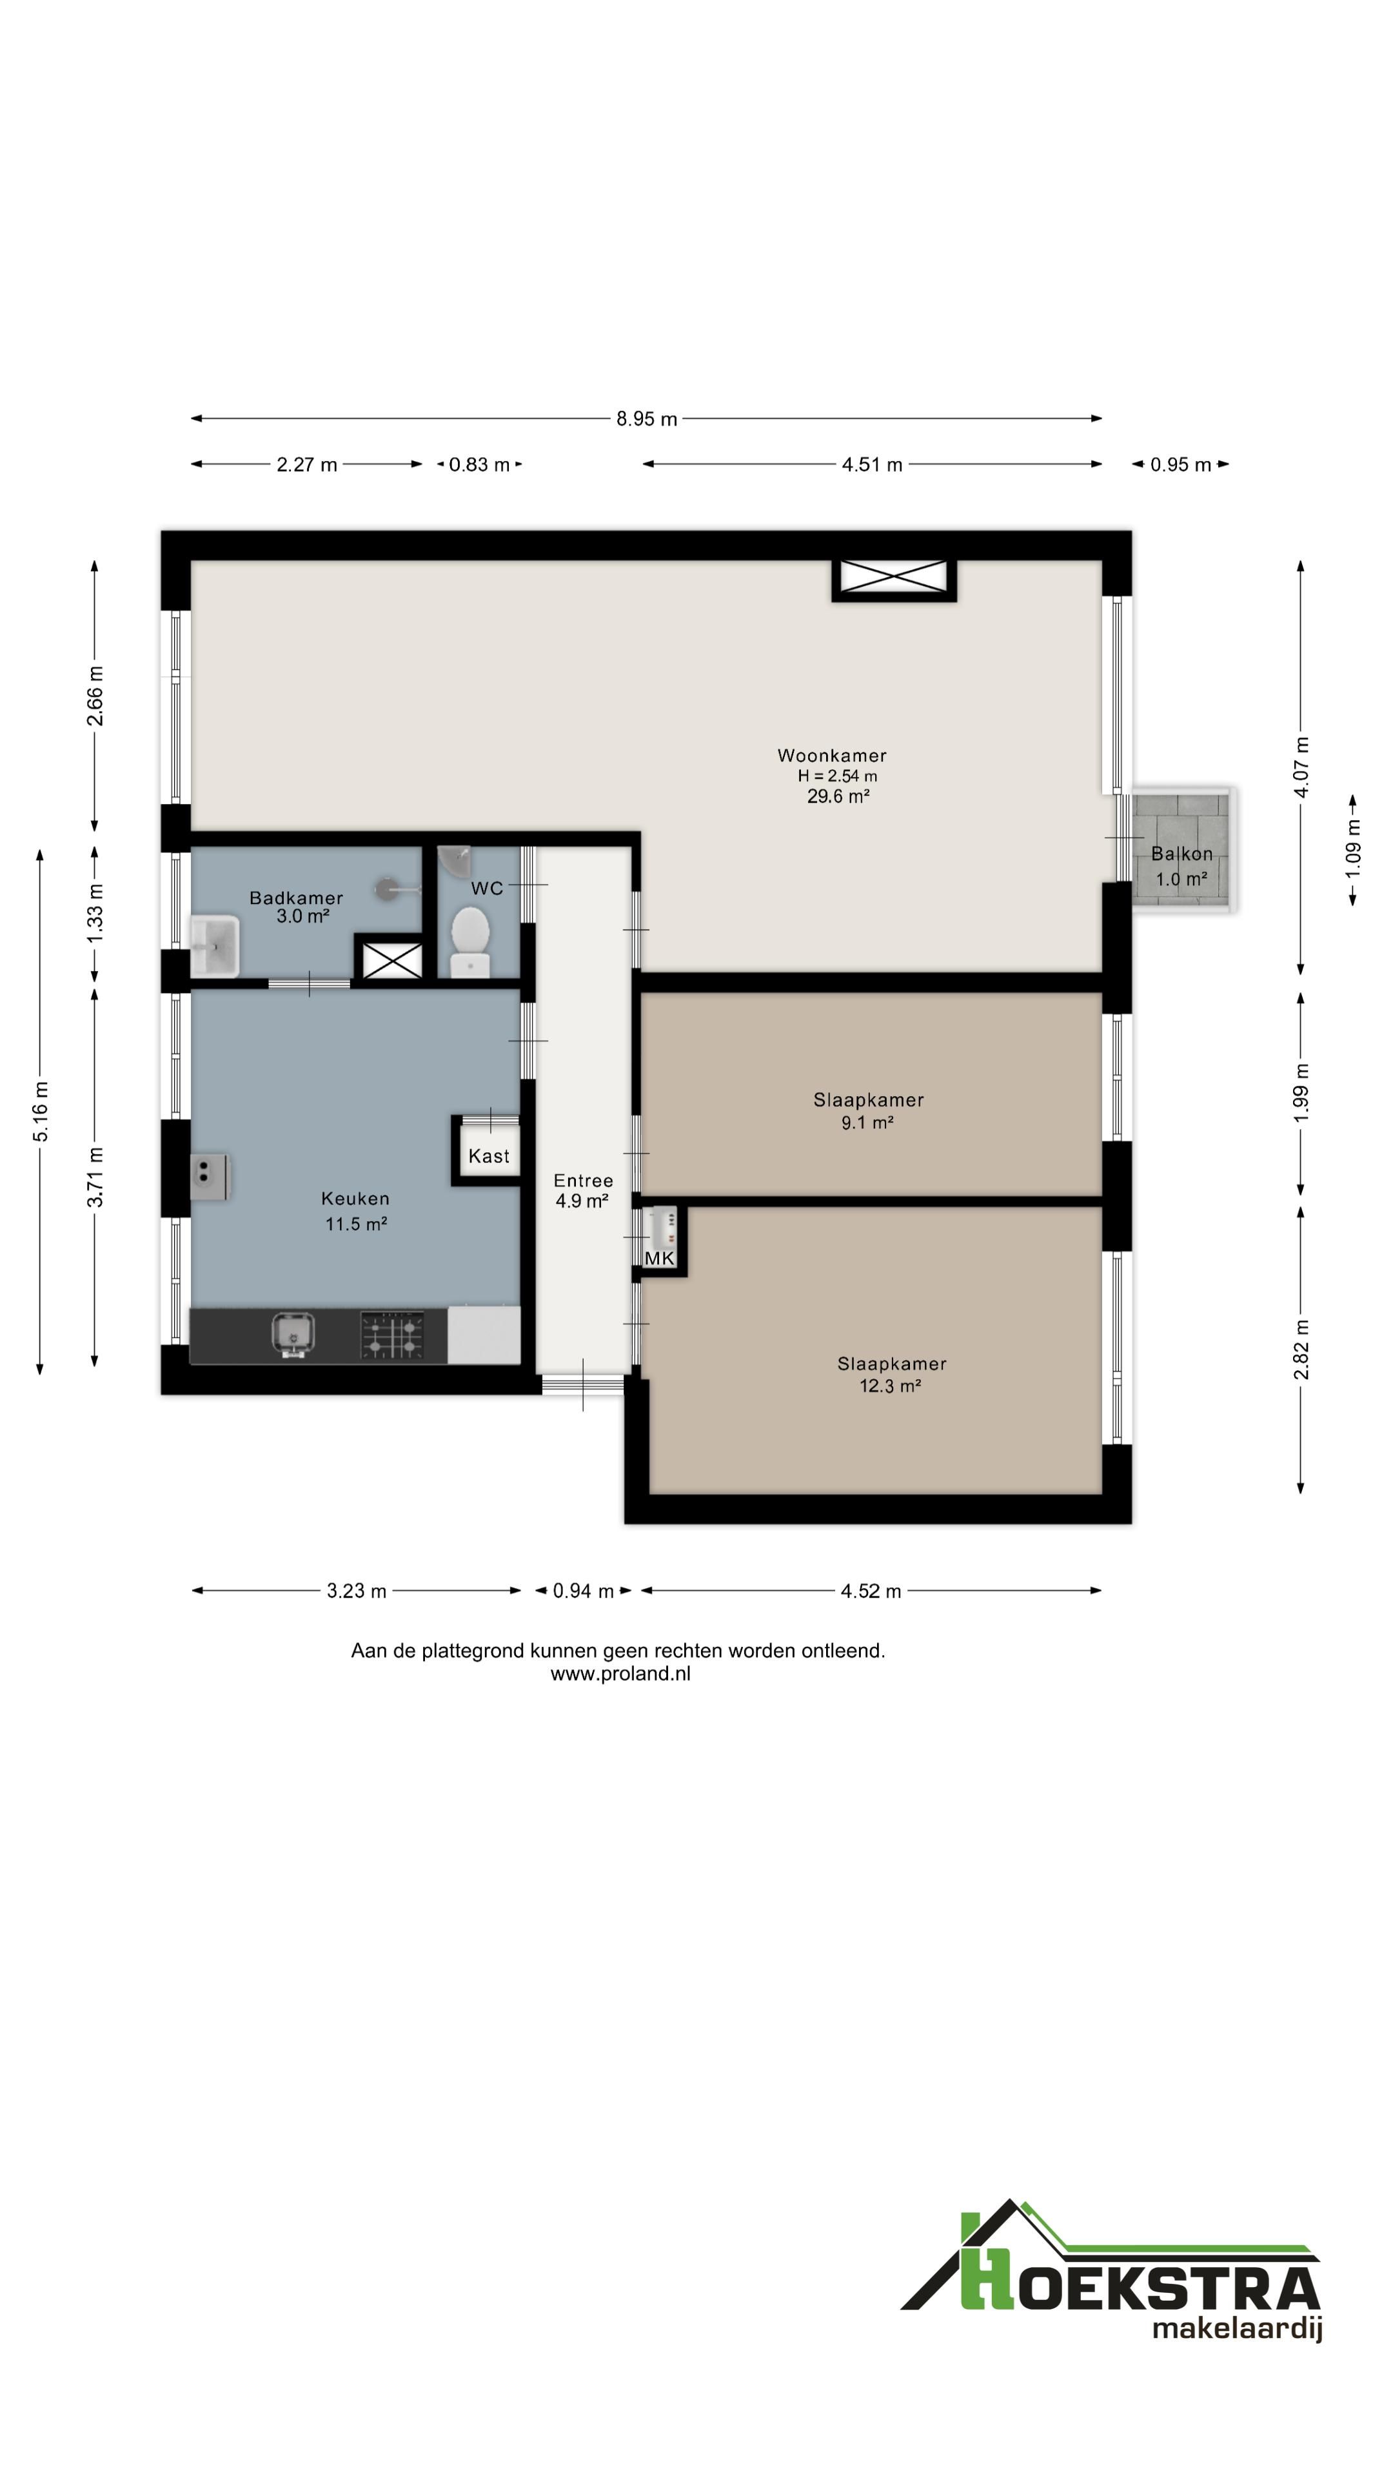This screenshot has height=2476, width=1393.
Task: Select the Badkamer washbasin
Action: (x=214, y=946)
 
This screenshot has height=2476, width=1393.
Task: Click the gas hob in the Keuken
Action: (x=392, y=1335)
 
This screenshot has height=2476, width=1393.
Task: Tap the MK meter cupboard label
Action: (x=660, y=1258)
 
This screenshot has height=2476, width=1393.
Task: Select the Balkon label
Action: (x=1181, y=854)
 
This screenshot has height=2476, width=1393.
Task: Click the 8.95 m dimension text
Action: (x=647, y=419)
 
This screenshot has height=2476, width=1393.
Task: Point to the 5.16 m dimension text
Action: (x=41, y=1112)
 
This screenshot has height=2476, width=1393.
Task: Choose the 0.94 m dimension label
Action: (x=584, y=1591)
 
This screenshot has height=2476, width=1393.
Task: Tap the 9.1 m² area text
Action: (x=867, y=1123)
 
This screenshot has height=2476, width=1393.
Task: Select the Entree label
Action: (x=584, y=1181)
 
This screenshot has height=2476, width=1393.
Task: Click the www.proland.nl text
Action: (x=620, y=1673)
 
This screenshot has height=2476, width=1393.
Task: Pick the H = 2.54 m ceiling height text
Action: (x=837, y=776)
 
